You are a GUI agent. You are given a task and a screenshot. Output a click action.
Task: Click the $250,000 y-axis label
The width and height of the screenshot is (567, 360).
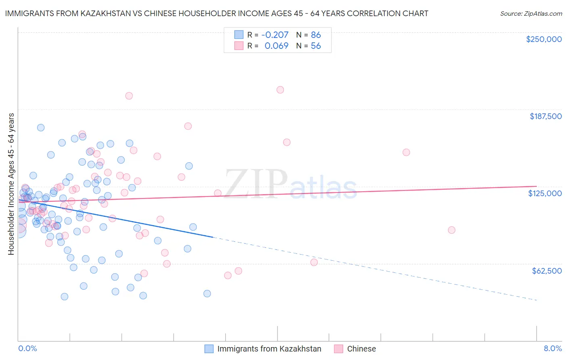[544, 39]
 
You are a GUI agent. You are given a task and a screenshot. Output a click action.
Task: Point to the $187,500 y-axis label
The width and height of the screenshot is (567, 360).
[545, 116]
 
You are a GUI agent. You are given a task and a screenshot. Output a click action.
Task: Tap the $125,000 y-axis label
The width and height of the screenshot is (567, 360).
[545, 193]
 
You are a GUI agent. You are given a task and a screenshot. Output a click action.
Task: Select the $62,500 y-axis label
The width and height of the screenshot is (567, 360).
[546, 271]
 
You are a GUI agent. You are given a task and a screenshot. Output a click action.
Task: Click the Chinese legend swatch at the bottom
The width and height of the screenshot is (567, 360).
[338, 349]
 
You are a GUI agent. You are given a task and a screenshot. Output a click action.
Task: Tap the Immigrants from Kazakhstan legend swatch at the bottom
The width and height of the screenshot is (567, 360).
[208, 349]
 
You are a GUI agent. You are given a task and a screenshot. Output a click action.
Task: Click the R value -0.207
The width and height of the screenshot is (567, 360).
[275, 35]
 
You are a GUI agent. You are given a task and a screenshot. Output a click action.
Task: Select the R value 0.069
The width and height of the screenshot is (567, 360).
[276, 46]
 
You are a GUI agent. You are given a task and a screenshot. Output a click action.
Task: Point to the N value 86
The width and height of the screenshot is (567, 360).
[316, 35]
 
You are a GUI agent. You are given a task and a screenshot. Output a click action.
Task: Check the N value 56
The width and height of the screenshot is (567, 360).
[316, 46]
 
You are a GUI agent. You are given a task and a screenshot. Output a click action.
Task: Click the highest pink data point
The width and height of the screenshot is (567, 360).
[280, 90]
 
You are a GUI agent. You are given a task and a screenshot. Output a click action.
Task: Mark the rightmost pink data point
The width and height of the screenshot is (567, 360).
[452, 230]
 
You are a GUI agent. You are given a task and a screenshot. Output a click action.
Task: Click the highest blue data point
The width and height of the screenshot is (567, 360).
[41, 128]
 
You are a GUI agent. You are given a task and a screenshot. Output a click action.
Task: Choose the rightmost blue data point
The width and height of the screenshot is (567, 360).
[207, 293]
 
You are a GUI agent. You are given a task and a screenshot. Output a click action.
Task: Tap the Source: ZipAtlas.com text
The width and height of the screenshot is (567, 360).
[531, 13]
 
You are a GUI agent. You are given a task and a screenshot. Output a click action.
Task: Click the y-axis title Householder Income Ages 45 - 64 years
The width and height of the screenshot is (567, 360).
[11, 184]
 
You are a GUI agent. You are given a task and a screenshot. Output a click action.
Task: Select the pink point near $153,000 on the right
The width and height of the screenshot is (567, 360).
[406, 153]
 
